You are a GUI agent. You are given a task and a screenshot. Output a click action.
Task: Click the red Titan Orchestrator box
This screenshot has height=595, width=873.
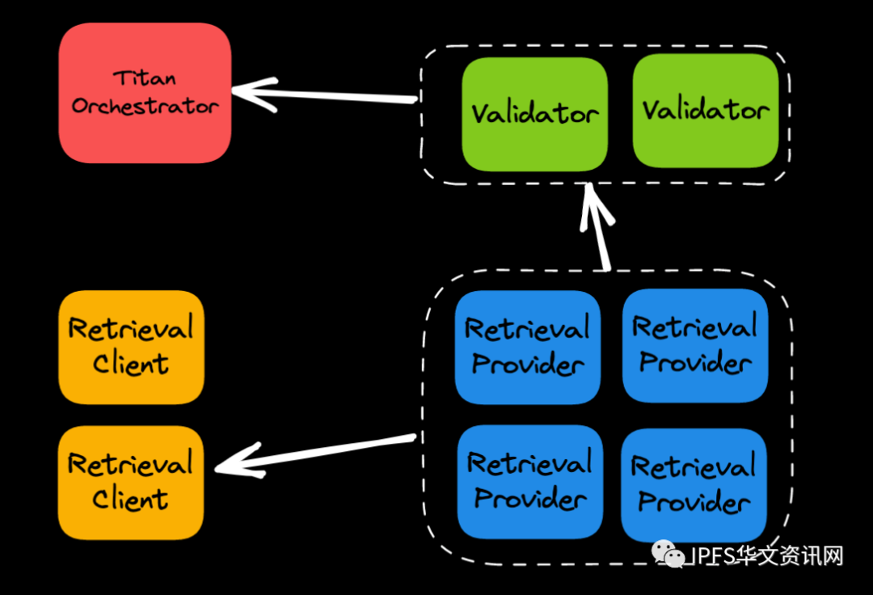145,93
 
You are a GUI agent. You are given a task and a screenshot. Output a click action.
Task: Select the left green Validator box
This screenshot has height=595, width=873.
534,113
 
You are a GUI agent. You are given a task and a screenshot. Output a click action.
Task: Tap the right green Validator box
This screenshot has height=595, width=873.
706,111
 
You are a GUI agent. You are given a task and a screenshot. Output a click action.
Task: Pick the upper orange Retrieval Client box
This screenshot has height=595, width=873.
131,346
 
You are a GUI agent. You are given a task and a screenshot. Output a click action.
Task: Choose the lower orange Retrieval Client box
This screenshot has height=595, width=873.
131,482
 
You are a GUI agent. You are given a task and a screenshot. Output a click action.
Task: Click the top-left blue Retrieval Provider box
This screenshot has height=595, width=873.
528,346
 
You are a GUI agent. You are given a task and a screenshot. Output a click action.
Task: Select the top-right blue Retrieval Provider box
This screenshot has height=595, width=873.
694,344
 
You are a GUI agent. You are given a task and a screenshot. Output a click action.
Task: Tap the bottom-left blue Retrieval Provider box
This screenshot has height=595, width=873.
529,481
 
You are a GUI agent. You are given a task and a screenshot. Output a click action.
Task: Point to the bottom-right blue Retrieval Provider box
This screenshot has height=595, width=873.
694,484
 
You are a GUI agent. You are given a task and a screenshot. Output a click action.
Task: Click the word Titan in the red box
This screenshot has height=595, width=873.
145,79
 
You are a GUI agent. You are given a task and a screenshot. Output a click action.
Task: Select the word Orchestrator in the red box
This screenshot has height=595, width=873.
145,107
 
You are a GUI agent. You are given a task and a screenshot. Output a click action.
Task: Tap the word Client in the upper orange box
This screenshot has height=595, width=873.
131,364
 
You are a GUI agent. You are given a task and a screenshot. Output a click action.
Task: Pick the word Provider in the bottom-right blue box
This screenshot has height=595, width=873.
694,502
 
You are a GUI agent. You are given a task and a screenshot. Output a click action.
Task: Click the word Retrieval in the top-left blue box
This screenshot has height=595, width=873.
528,329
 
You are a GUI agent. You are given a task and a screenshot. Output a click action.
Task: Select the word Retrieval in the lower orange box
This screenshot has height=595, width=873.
131,464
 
